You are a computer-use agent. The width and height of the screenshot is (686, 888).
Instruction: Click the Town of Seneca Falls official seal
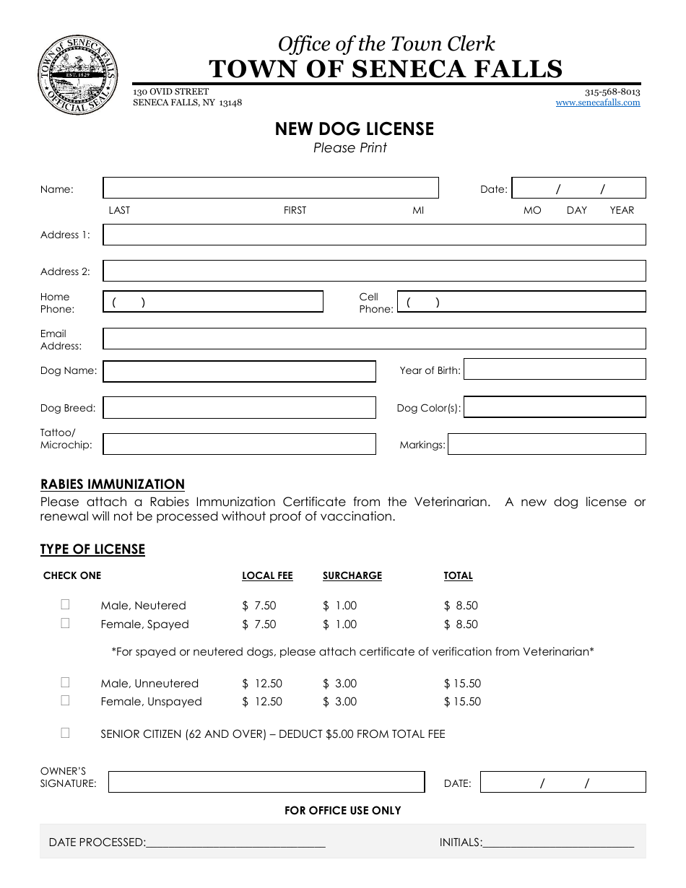click(77, 72)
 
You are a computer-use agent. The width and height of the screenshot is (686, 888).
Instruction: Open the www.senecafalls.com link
click(597, 103)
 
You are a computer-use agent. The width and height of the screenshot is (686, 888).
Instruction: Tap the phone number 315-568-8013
click(612, 92)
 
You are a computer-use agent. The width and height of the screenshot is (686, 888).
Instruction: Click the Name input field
click(271, 188)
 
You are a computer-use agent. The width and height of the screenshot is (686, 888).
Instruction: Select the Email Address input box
click(374, 339)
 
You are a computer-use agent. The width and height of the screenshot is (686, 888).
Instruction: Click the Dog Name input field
click(239, 371)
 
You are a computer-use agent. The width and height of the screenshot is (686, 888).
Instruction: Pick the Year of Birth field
click(554, 369)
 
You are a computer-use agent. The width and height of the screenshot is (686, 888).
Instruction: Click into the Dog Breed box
click(239, 407)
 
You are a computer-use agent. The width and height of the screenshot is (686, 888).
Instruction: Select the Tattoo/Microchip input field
click(239, 444)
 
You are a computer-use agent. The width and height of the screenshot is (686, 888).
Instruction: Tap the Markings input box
click(547, 444)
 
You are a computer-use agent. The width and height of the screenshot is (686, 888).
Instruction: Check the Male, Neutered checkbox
click(65, 605)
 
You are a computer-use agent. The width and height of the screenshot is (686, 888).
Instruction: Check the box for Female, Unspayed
click(65, 700)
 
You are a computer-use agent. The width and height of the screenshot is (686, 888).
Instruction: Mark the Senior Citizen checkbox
click(65, 733)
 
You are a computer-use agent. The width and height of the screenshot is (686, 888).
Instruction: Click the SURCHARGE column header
click(352, 575)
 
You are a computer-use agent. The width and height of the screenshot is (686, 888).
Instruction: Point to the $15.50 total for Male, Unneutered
click(462, 683)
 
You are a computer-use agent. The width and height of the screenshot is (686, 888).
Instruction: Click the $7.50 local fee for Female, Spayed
click(259, 624)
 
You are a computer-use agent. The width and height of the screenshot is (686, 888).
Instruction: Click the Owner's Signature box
click(266, 782)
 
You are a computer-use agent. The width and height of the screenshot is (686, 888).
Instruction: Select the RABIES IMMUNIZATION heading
click(113, 484)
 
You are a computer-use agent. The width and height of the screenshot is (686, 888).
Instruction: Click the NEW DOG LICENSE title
click(354, 129)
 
